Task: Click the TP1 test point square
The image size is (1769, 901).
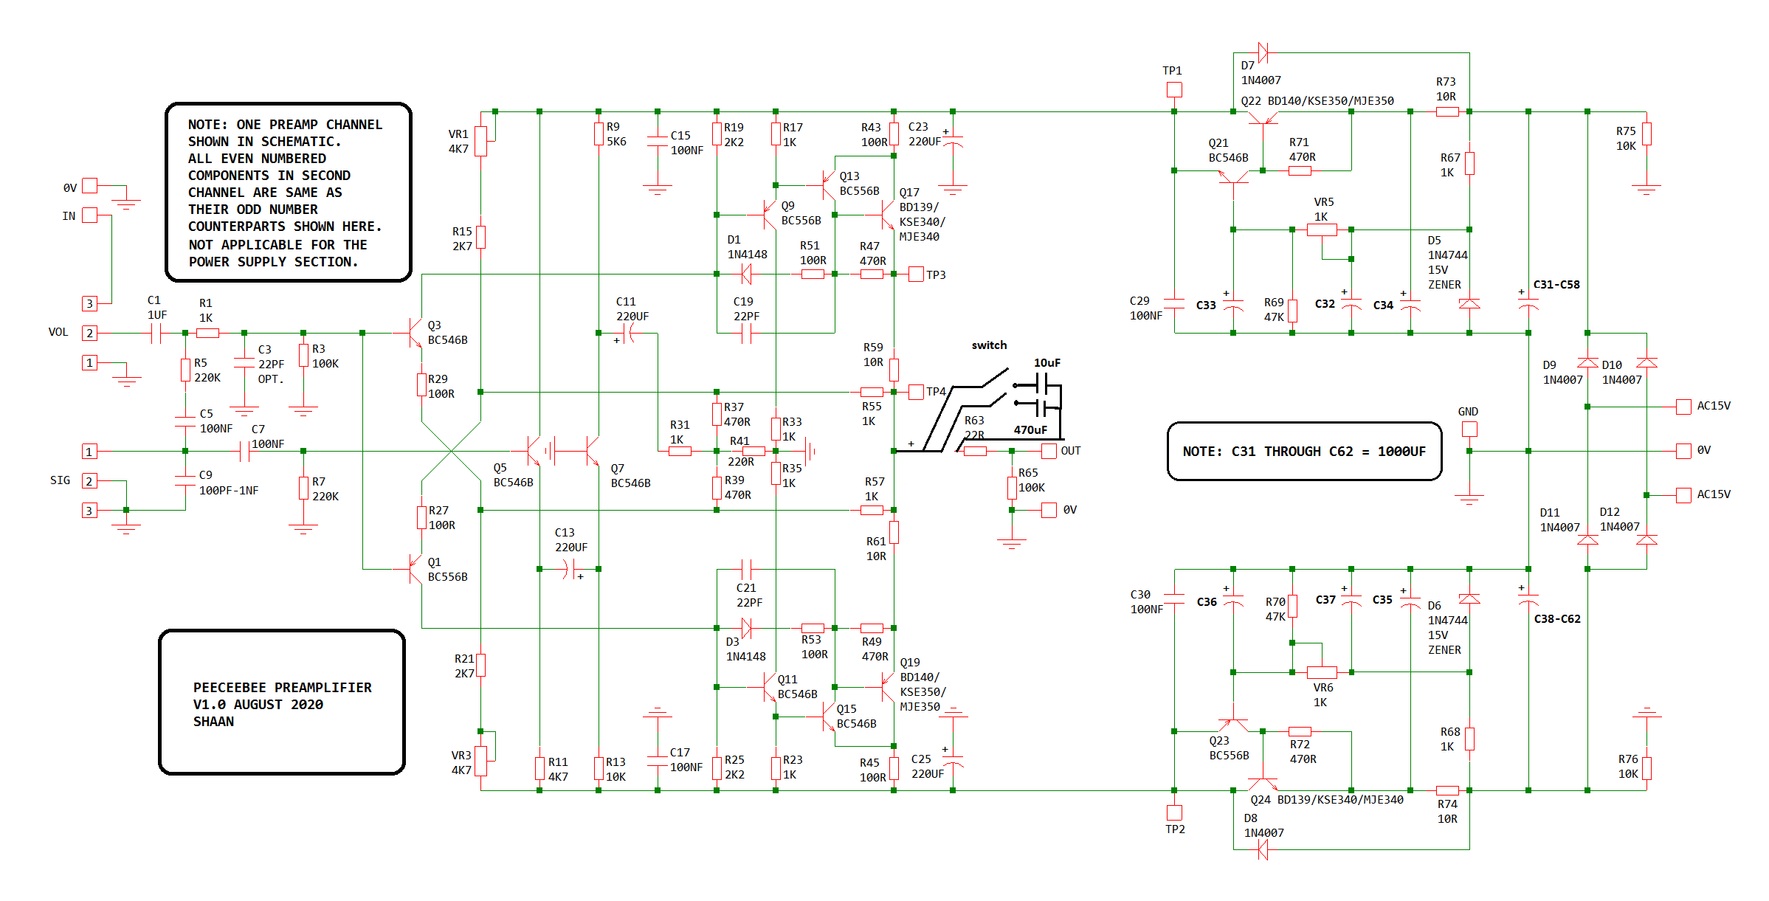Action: click(1174, 90)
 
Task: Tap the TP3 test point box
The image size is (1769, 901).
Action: click(916, 275)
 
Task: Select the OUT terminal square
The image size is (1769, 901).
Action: click(1049, 451)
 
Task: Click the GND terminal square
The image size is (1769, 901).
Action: click(1469, 429)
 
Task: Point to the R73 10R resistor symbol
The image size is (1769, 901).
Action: click(1447, 111)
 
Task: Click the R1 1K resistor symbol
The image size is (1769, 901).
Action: click(207, 333)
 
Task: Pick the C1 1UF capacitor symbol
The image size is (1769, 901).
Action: click(156, 334)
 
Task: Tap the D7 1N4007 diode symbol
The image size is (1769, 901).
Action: click(1263, 52)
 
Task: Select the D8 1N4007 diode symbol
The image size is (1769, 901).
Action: click(1263, 850)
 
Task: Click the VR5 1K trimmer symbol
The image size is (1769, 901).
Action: click(1322, 229)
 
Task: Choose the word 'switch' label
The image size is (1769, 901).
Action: click(989, 345)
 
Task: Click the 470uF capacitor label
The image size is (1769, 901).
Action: click(1030, 429)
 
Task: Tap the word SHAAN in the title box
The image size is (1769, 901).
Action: click(213, 722)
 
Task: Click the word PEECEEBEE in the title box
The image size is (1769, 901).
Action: click(230, 688)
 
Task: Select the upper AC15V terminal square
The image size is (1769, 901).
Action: click(1683, 407)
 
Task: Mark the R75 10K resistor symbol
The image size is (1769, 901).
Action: click(1646, 134)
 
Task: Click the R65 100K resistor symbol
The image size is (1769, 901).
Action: click(1012, 488)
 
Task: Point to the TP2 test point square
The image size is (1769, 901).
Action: click(1174, 812)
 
